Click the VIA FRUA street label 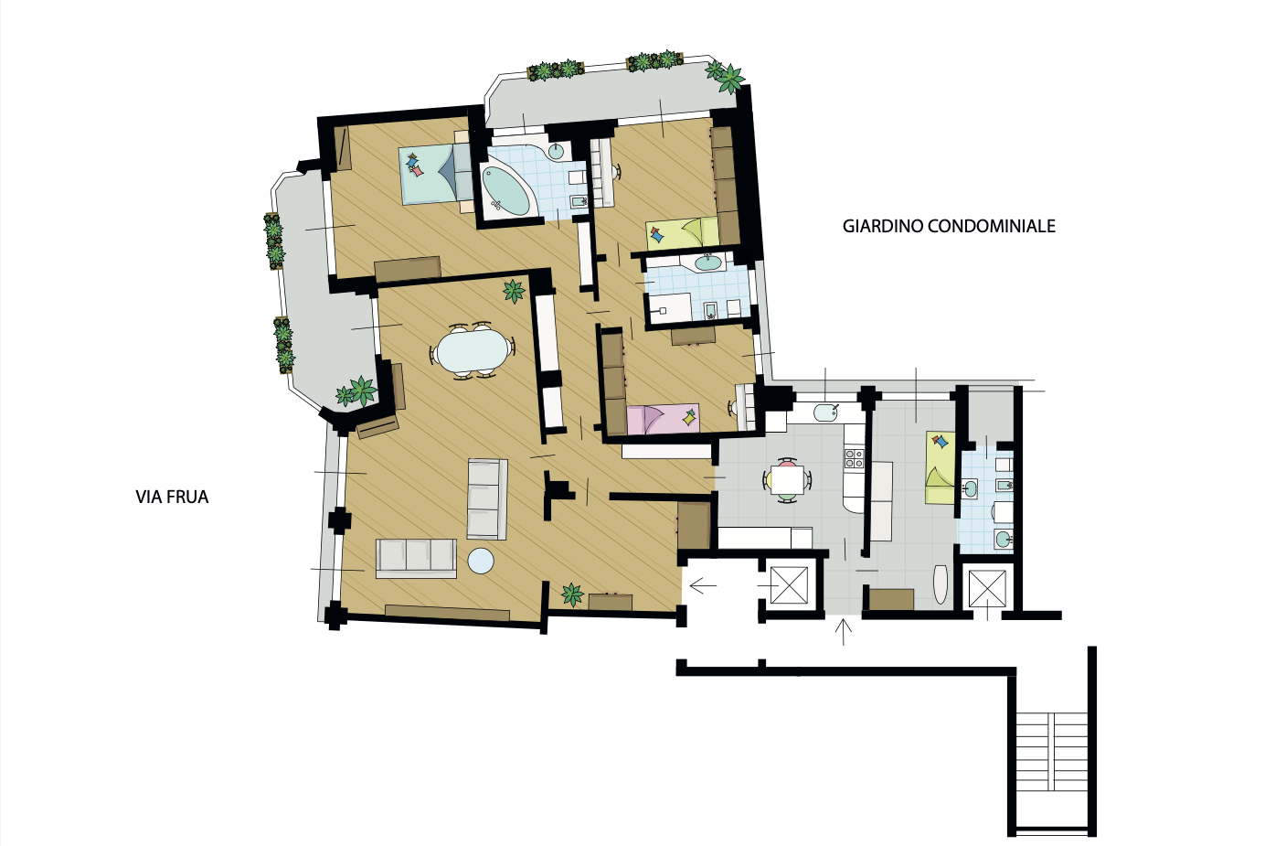click(x=172, y=497)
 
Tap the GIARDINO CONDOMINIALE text click(x=949, y=226)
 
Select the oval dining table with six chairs click(x=473, y=350)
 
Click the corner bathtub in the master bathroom click(x=505, y=190)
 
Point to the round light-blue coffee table click(x=481, y=561)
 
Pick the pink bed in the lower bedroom click(x=663, y=419)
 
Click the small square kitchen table click(x=787, y=479)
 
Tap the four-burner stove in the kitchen click(x=854, y=457)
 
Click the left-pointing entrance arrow click(x=703, y=586)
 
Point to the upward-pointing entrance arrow click(x=843, y=631)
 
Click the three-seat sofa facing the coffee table click(x=416, y=558)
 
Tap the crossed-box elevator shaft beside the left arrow click(x=789, y=585)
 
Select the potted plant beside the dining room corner click(x=514, y=291)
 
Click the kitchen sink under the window click(x=825, y=412)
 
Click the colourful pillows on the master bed click(x=415, y=165)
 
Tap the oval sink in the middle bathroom click(x=708, y=263)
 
